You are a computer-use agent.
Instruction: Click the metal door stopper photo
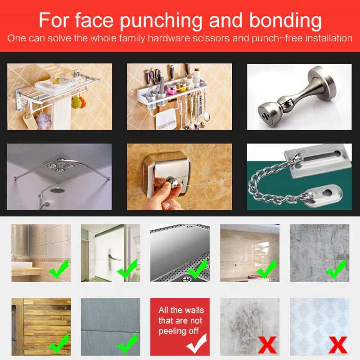(299, 97)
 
